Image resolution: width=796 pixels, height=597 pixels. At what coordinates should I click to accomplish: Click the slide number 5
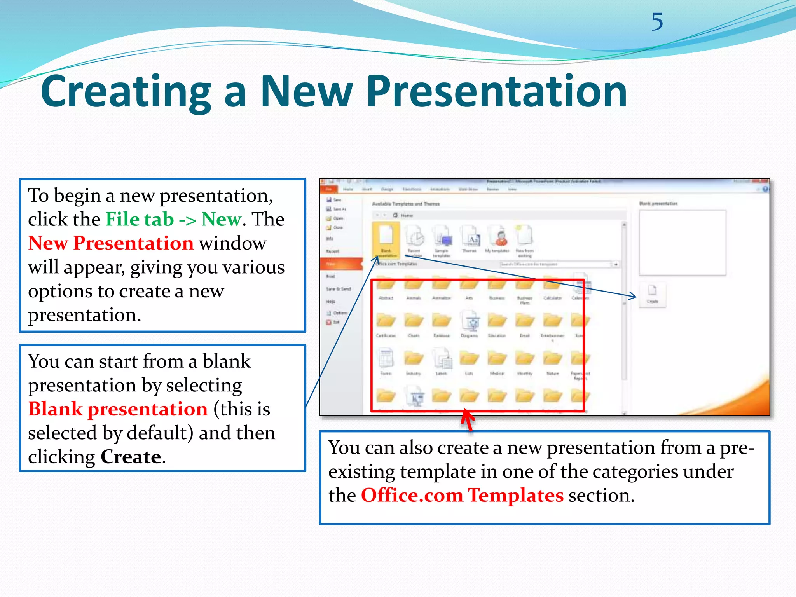point(657,22)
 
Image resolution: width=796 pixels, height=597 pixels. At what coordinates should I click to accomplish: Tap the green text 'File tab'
point(140,219)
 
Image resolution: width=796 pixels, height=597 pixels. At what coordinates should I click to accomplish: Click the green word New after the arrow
point(222,219)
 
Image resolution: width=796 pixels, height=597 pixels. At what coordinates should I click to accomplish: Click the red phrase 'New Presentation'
point(111,243)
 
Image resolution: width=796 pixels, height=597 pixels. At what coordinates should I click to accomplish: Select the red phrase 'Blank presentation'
point(118,409)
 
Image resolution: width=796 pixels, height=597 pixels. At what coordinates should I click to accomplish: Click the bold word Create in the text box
point(131,457)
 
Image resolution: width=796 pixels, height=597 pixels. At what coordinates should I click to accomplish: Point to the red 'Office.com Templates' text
point(462,496)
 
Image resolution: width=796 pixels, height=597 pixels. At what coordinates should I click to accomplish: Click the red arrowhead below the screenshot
point(467,417)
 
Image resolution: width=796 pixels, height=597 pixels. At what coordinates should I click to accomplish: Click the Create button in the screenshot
point(652,295)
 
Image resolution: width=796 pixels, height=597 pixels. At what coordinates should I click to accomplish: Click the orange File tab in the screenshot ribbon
point(329,189)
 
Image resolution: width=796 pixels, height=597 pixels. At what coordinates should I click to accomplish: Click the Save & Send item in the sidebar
point(338,289)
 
